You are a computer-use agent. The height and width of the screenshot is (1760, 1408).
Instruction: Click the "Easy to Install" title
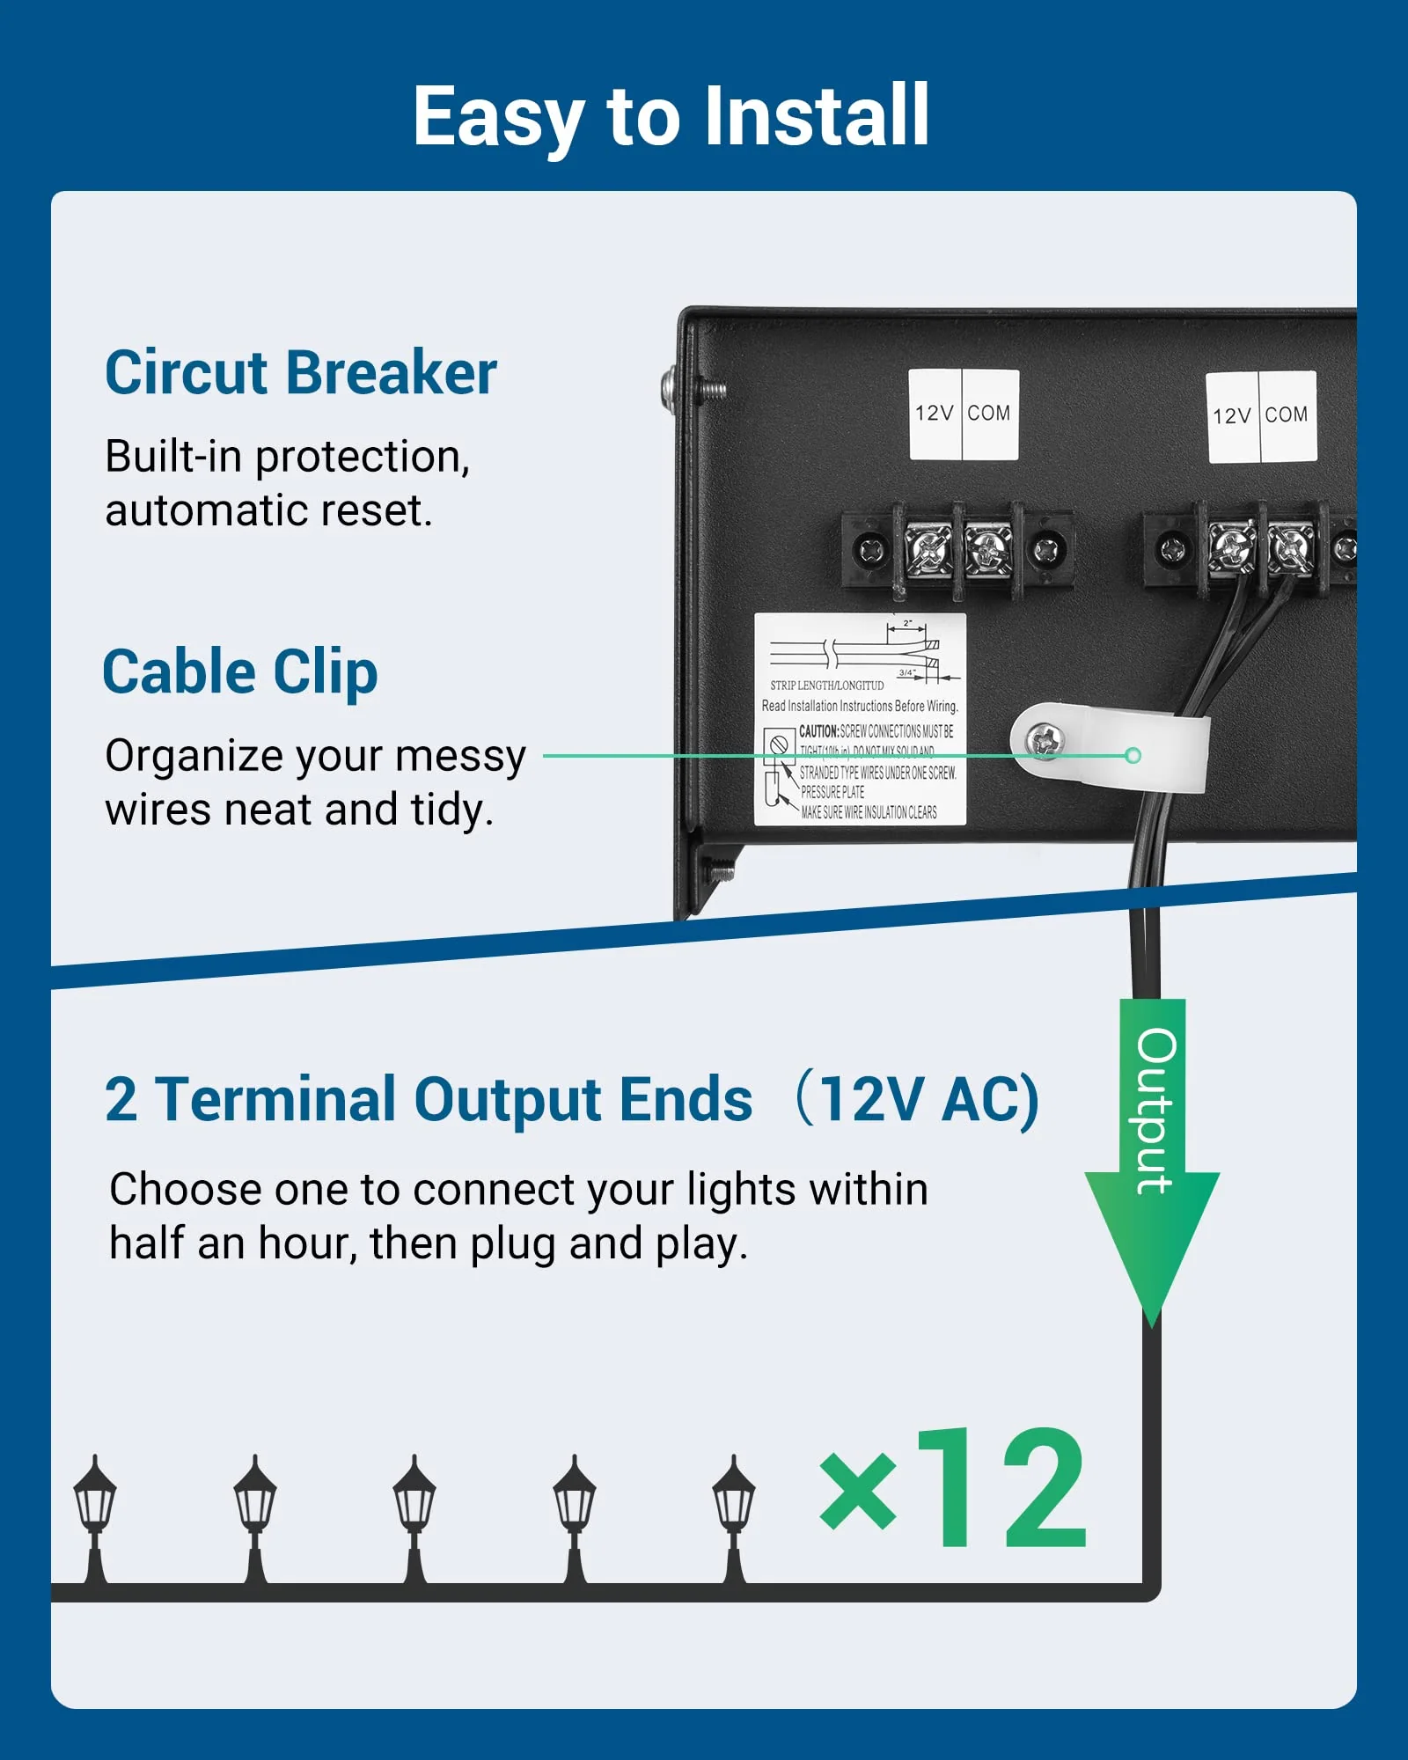(x=671, y=116)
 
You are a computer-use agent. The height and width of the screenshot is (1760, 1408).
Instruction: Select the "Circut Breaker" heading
(x=301, y=373)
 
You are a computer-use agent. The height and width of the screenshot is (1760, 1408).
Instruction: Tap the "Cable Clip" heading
(x=240, y=672)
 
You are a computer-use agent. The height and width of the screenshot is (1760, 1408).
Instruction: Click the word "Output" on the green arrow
(x=1155, y=1111)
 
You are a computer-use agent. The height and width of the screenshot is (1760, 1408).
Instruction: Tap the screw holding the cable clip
(x=1045, y=740)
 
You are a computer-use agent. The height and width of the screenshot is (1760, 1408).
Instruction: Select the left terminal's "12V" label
(x=934, y=414)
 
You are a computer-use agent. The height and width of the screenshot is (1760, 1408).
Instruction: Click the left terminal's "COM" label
(x=989, y=414)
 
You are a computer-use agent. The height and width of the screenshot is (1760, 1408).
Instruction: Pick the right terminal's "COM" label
(x=1287, y=415)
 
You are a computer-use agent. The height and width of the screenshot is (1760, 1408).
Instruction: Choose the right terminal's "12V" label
(x=1231, y=416)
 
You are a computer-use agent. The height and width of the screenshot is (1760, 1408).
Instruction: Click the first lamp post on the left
(x=95, y=1519)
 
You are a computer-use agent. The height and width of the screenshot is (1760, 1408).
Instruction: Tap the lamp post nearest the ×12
(x=734, y=1519)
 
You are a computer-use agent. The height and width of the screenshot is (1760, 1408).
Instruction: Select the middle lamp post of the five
(x=414, y=1519)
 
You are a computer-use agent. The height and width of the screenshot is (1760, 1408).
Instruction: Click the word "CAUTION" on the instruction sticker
(x=818, y=731)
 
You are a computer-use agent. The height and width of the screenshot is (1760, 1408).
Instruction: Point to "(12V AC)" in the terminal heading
(x=920, y=1099)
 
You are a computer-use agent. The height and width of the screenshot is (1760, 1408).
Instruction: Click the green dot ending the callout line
(x=1133, y=755)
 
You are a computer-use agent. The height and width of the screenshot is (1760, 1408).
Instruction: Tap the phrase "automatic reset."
(x=269, y=511)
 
